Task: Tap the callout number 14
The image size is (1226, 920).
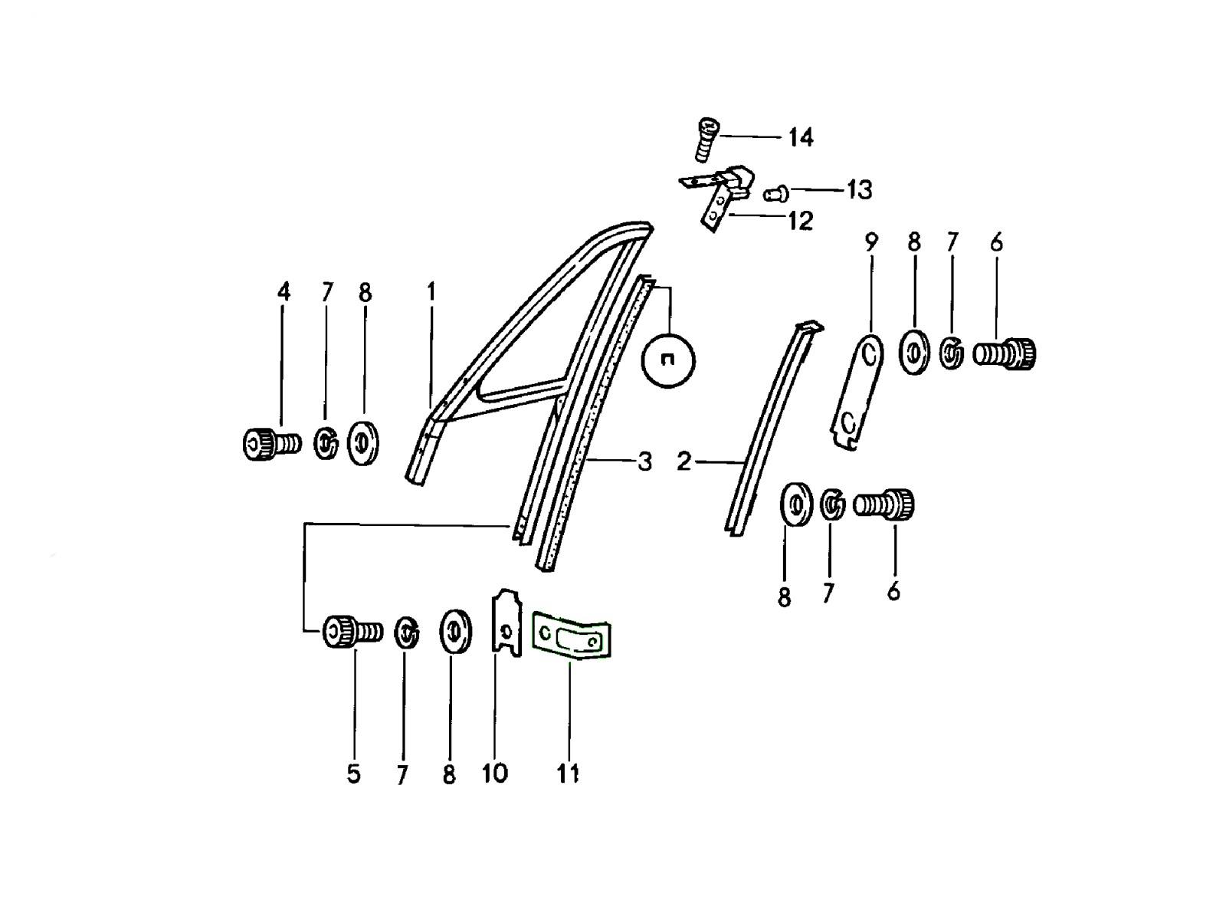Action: [801, 137]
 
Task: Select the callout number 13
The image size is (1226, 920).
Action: [859, 190]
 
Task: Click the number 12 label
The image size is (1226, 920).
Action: [801, 222]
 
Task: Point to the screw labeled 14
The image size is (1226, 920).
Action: [708, 140]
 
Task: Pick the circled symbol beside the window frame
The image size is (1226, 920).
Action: [669, 361]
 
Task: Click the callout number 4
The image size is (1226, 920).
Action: [284, 291]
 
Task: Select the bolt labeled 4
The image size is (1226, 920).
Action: [272, 444]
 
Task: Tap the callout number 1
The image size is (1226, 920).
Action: [431, 291]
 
